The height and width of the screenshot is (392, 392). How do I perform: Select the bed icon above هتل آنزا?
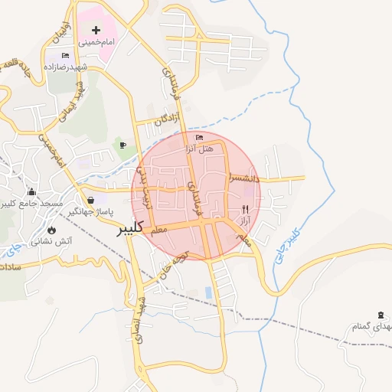[x=200, y=137]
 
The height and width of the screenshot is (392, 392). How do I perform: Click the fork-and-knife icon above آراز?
[x=245, y=208]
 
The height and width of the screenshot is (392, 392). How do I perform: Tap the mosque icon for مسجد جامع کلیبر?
[x=31, y=191]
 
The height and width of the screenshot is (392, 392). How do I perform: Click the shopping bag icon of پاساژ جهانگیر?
[x=91, y=200]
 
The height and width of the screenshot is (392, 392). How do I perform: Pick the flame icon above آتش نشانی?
[x=51, y=230]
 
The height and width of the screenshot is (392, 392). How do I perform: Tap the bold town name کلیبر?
[x=131, y=230]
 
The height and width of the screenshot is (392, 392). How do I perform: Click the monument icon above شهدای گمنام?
[x=381, y=315]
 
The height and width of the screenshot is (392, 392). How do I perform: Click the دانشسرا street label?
[x=243, y=179]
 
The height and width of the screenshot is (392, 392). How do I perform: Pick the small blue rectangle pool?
[x=209, y=292]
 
